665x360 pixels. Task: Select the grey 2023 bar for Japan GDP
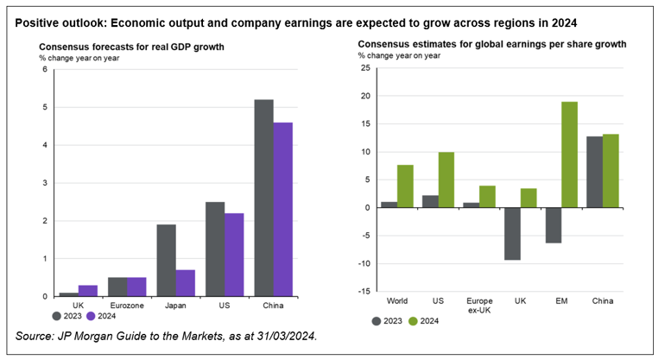click(x=166, y=260)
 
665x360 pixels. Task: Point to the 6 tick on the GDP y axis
click(x=44, y=69)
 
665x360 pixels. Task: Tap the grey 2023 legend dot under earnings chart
click(x=377, y=321)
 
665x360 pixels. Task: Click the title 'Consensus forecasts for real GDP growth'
click(x=131, y=47)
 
